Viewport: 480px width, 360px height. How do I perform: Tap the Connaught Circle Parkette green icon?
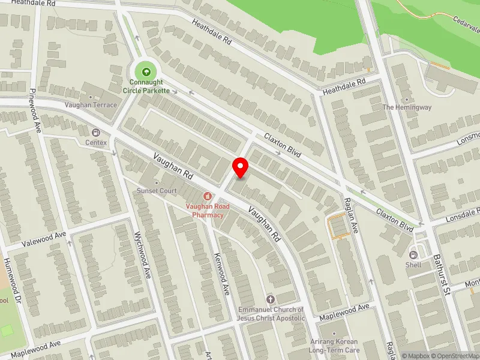tap(146, 71)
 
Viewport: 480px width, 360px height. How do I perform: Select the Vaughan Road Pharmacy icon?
tap(208, 196)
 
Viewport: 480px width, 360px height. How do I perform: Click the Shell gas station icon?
tap(413, 254)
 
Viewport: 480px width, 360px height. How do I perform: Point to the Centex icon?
tap(95, 132)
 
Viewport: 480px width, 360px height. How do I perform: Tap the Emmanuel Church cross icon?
tap(270, 299)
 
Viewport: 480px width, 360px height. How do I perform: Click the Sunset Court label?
tap(157, 191)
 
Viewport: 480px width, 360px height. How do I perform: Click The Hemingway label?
tap(407, 107)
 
